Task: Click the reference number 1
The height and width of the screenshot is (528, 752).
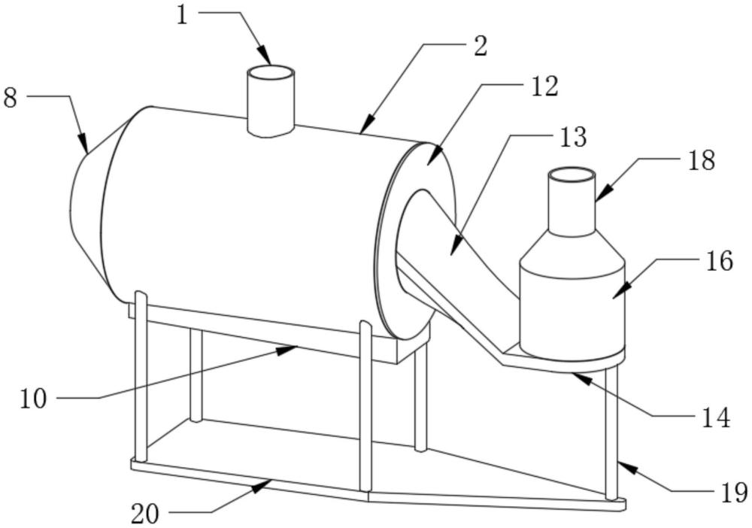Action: click(x=183, y=14)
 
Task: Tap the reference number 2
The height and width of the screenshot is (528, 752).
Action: click(x=480, y=46)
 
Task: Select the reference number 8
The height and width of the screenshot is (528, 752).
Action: click(x=10, y=98)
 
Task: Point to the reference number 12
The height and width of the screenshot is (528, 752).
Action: click(x=544, y=86)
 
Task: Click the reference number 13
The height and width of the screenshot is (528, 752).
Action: click(x=572, y=138)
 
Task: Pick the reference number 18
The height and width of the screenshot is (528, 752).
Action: click(x=700, y=160)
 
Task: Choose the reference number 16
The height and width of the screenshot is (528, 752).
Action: click(x=718, y=261)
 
